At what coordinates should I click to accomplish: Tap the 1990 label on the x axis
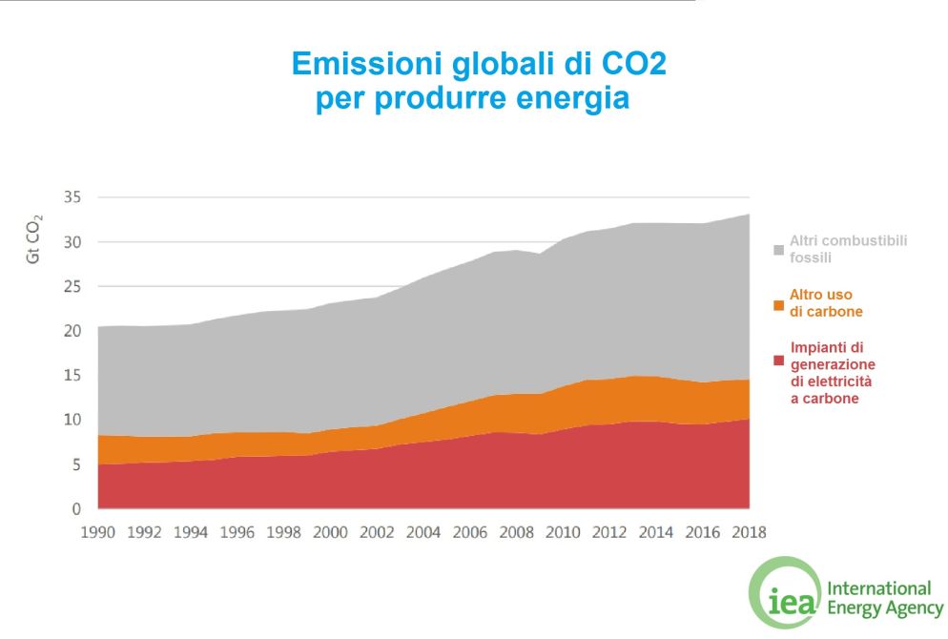click(x=98, y=532)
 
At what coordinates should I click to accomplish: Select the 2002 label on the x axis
click(x=377, y=532)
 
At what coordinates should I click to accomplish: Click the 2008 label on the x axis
click(x=516, y=532)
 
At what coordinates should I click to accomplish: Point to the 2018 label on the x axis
click(x=748, y=532)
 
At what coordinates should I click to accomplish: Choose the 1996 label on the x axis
click(x=237, y=532)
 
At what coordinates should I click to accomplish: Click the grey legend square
click(x=779, y=250)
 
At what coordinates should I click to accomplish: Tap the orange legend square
click(x=779, y=305)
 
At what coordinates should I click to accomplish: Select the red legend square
click(x=779, y=360)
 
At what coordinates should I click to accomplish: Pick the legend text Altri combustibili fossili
click(x=848, y=249)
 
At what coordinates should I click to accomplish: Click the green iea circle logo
click(x=783, y=592)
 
